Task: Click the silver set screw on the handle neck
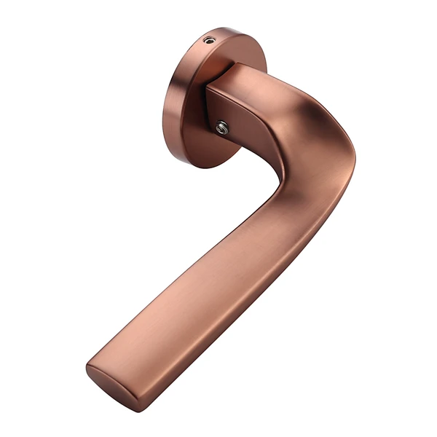223,129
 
